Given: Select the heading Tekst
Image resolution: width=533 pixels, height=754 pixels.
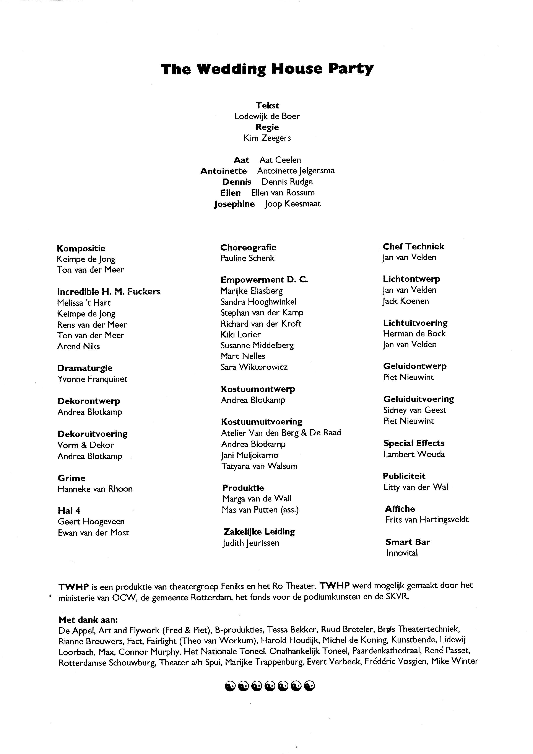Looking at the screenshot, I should coord(267,105).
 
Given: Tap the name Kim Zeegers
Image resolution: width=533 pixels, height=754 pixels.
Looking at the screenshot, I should coord(267,138).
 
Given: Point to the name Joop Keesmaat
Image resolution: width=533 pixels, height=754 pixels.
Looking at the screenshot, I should coord(292,204).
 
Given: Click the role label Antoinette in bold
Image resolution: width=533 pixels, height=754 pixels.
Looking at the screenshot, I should coord(224,171).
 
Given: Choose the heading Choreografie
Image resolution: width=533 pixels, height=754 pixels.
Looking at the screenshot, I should coord(248,247).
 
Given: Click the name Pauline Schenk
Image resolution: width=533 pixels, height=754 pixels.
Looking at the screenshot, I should coord(247,258).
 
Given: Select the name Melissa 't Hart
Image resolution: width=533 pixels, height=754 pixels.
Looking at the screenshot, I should coord(84,303).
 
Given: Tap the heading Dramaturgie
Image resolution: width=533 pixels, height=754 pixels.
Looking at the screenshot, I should coord(85,368).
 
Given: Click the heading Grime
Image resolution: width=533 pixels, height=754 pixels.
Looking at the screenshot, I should coord(71,478).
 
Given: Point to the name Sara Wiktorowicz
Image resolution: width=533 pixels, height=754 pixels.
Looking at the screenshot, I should coord(254,367).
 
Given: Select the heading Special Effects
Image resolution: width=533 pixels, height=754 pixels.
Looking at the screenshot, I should coord(414,443).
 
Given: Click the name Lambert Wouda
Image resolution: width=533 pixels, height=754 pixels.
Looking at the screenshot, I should coord(414,454).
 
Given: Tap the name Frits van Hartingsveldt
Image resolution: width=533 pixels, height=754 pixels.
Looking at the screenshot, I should coord(427,520).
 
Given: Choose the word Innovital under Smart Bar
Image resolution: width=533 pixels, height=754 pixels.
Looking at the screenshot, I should coord(402,553).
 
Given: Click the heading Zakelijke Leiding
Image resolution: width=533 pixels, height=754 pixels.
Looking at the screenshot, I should coord(259,532).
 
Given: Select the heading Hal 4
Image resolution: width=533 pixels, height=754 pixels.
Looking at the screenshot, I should coord(69,511).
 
